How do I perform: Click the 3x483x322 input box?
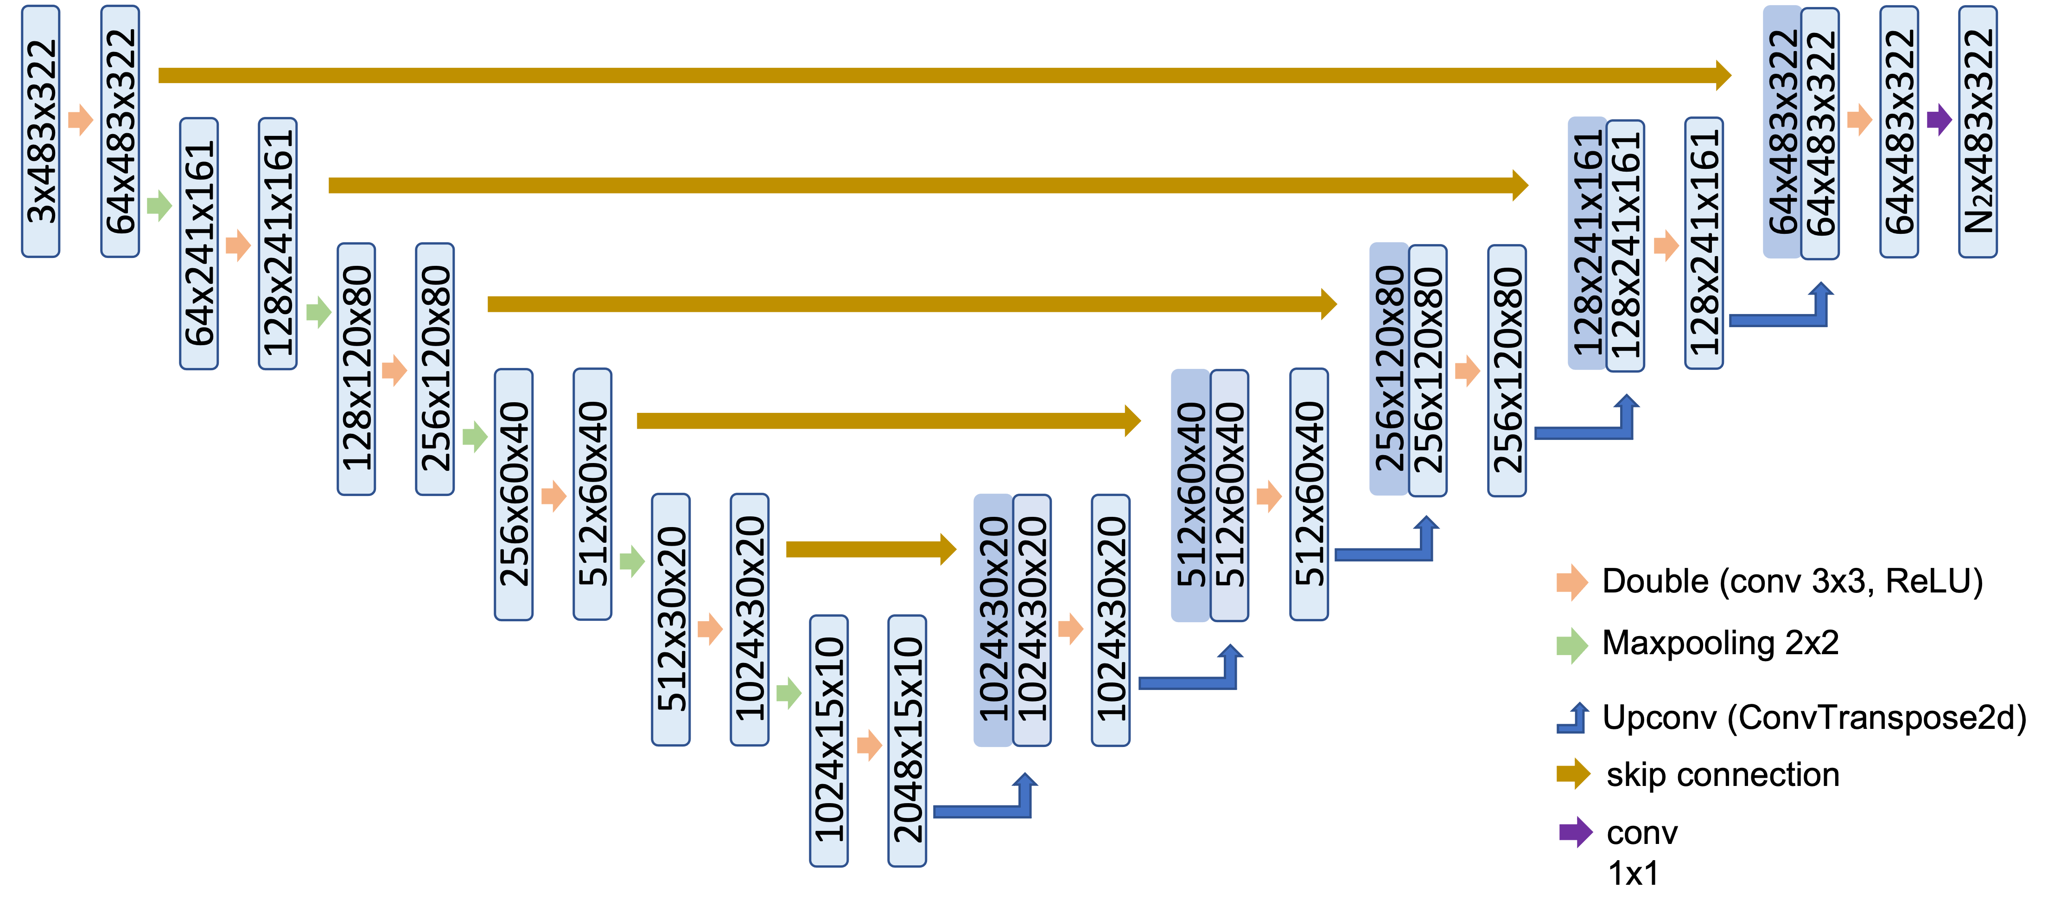pyautogui.click(x=40, y=131)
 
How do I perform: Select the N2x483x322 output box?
pyautogui.click(x=1977, y=131)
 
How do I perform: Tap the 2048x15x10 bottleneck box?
pyautogui.click(x=907, y=740)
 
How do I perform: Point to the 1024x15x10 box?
pyautogui.click(x=828, y=740)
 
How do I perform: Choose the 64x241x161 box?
pyautogui.click(x=199, y=244)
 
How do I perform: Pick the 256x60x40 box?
pyautogui.click(x=514, y=494)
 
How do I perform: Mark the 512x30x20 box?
pyautogui.click(x=671, y=619)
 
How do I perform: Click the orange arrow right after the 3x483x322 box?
pyautogui.click(x=80, y=119)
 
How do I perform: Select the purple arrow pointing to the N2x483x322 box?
pyautogui.click(x=1939, y=119)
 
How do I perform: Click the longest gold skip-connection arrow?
pyautogui.click(x=944, y=76)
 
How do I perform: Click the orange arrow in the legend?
pyautogui.click(x=1572, y=582)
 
